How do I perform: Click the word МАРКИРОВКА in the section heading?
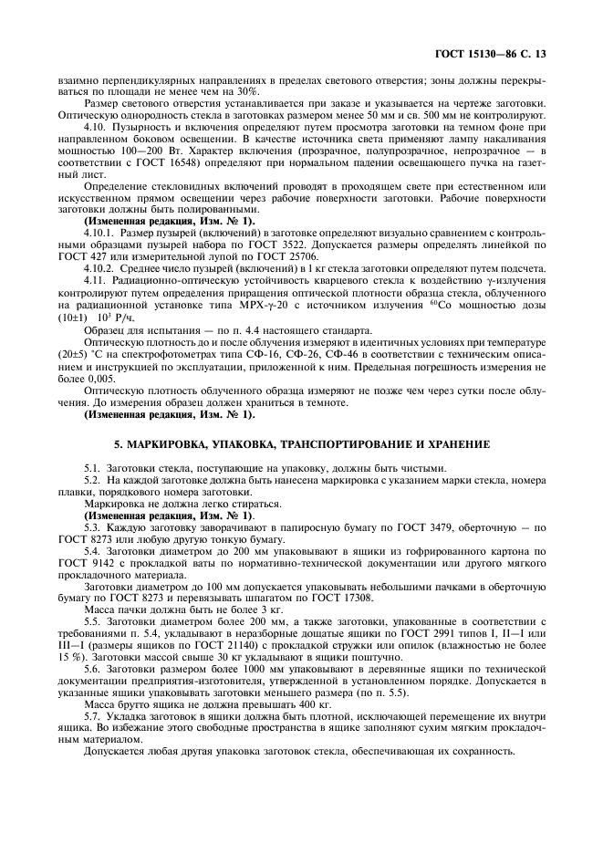[172, 444]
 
